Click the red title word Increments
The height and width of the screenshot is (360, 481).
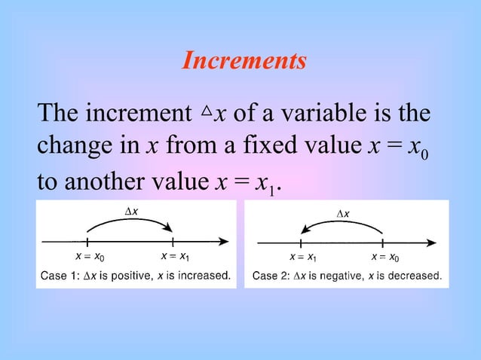click(244, 61)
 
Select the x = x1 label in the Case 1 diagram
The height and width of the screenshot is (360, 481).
click(174, 257)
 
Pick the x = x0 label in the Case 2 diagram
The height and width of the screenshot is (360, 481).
click(385, 258)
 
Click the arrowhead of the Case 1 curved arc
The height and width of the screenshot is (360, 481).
click(170, 230)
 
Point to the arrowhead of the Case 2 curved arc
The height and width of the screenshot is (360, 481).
click(304, 232)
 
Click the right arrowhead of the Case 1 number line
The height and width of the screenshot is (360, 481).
click(223, 241)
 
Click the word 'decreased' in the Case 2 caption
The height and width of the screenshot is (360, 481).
click(414, 276)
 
